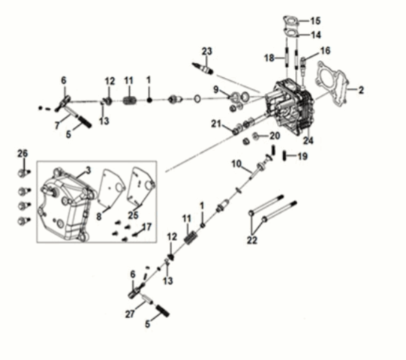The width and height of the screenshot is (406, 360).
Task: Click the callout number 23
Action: click(x=206, y=51)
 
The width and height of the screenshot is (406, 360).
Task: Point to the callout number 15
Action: click(x=315, y=20)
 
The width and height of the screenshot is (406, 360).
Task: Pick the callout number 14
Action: click(x=315, y=35)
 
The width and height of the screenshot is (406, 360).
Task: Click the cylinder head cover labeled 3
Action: click(x=68, y=202)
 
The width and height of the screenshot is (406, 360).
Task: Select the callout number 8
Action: click(x=98, y=215)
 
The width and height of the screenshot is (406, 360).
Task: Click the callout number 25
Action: click(x=133, y=215)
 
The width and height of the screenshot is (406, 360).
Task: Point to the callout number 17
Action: click(x=147, y=226)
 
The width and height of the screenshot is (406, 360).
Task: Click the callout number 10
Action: click(x=236, y=163)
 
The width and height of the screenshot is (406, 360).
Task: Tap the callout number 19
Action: click(x=302, y=157)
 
